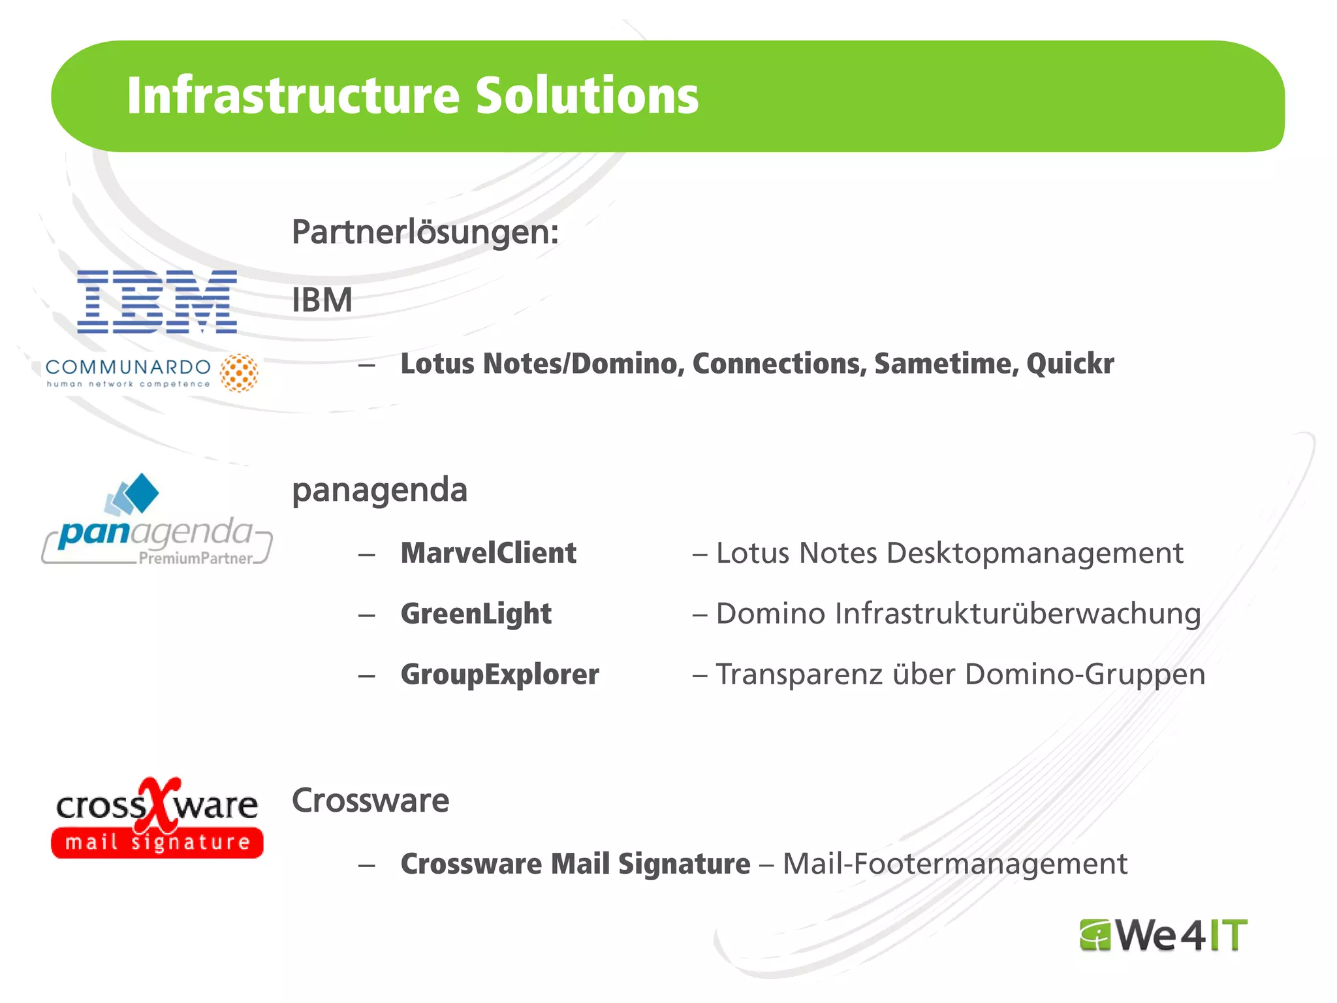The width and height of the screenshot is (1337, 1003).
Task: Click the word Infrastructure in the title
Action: click(293, 96)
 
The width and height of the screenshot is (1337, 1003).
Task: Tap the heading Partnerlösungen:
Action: click(425, 232)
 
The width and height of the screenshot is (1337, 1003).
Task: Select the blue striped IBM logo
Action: click(157, 302)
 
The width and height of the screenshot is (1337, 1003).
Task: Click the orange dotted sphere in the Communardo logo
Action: click(239, 373)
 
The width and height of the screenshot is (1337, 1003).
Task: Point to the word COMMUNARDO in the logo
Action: click(128, 368)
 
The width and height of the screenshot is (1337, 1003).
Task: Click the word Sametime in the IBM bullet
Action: click(946, 364)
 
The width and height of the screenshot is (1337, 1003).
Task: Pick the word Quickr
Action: click(1070, 364)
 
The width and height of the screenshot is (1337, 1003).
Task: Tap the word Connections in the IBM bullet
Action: click(779, 364)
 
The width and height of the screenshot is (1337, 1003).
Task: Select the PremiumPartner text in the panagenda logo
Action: click(195, 558)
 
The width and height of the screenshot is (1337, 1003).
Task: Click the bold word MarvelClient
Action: click(488, 553)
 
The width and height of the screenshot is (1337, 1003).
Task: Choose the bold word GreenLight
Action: click(476, 614)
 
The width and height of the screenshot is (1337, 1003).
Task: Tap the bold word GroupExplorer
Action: click(499, 675)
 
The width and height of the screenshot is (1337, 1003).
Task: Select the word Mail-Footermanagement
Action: click(954, 864)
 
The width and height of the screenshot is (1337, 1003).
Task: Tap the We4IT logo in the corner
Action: click(1163, 935)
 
